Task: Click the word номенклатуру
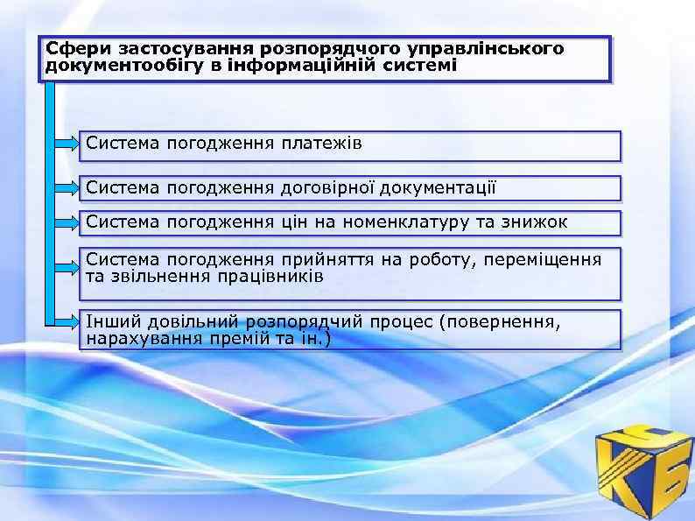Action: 405,222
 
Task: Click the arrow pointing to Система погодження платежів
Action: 67,143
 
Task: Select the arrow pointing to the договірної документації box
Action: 67,186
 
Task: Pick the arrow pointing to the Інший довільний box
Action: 67,323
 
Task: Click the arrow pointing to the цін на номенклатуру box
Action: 67,222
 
